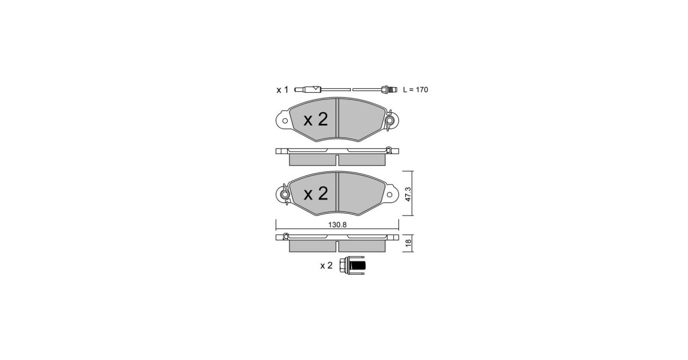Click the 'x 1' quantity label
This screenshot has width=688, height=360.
tap(282, 90)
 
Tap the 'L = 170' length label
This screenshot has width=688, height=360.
tap(415, 89)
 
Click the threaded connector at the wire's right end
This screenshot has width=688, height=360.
tap(389, 89)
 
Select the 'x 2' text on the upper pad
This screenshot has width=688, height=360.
tap(316, 119)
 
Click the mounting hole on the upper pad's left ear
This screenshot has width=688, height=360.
tap(285, 121)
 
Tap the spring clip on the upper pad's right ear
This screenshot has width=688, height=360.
tap(389, 120)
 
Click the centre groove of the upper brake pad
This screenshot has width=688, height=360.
tap(337, 118)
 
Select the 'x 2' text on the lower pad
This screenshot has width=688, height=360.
tap(316, 194)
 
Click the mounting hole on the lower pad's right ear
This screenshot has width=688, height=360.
tap(389, 194)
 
